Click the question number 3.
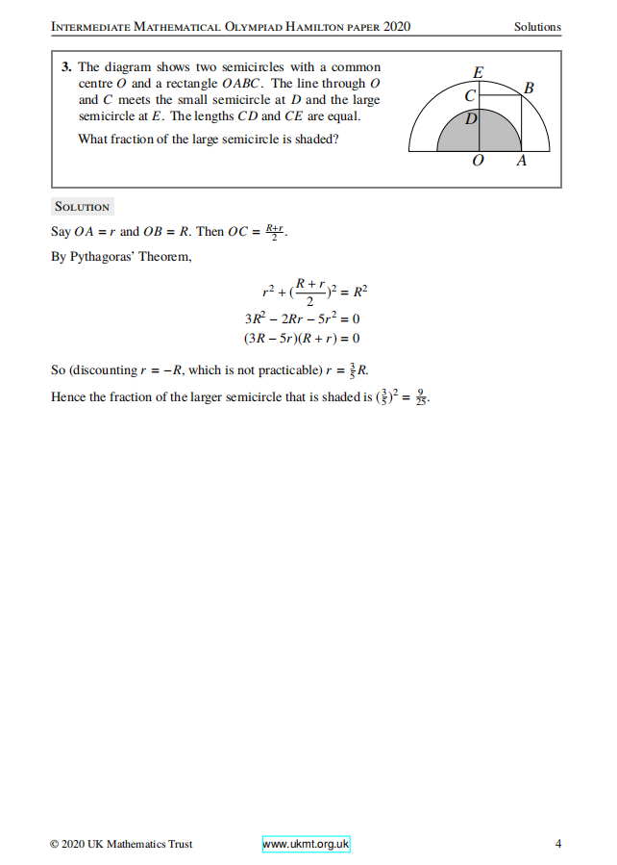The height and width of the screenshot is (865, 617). coord(64,67)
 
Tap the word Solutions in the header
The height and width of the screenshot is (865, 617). coord(537,27)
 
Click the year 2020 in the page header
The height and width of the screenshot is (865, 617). coord(396,27)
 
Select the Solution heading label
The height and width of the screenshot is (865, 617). coord(83,207)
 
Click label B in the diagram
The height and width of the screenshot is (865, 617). coord(528,89)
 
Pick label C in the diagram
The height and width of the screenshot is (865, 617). coord(470,96)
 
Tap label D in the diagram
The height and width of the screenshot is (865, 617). coord(471,119)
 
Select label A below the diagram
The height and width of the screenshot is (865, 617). coord(521,162)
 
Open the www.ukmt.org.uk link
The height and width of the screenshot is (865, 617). coord(306,844)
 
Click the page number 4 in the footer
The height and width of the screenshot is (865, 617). coord(558,844)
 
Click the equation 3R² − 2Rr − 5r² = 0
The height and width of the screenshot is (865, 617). coord(302,318)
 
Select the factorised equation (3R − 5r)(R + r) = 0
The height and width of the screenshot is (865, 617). coord(302,338)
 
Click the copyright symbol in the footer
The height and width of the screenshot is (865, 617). coord(55,844)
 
